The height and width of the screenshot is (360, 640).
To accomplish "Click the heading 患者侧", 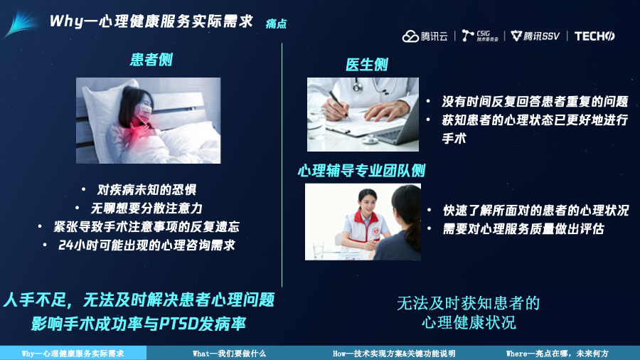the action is pos(151,60).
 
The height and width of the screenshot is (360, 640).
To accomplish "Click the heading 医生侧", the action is pos(366,65).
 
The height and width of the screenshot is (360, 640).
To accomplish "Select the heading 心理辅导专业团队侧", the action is pos(362,171).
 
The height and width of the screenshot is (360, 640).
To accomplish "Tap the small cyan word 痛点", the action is pos(276,23).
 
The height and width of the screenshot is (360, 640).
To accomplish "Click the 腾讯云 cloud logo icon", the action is pos(410,36).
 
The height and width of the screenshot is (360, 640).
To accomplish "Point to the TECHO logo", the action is pos(594,36).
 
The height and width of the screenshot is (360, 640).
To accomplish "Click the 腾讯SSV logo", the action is pos(535,36).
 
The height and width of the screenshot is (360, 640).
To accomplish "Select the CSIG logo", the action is pos(480,36).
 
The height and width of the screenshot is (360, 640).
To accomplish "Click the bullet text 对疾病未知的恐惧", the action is pos(146,190).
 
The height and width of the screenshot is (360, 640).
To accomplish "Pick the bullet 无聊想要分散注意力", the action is pos(146,208).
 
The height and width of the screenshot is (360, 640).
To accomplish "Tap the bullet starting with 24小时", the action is pos(146,245).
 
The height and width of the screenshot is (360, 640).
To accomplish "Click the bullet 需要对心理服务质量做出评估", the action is pos(523,229).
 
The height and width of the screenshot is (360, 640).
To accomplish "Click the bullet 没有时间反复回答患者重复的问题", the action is pos(535,102).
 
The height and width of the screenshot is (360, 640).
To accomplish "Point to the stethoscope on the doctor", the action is pos(359,85).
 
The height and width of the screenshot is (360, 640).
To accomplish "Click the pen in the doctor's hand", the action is pos(339,105).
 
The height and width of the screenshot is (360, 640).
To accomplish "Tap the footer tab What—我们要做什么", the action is pos(230,354).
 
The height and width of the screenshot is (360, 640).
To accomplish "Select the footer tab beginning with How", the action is pos(394,354).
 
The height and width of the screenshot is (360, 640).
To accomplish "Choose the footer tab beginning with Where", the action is pos(557,354).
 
